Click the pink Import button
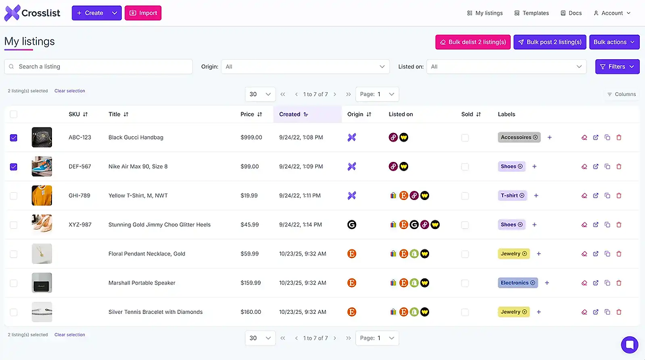143,13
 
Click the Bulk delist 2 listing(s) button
473,42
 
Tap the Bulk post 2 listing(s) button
550,42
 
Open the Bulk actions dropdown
615,42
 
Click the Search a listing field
99,66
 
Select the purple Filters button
617,66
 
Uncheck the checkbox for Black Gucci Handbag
14,138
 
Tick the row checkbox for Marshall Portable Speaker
14,283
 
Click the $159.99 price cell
250,283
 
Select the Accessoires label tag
519,138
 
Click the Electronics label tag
517,283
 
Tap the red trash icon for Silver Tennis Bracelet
619,312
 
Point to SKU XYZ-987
80,224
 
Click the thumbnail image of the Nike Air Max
41,167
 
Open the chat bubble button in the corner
629,344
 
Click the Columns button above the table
621,94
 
